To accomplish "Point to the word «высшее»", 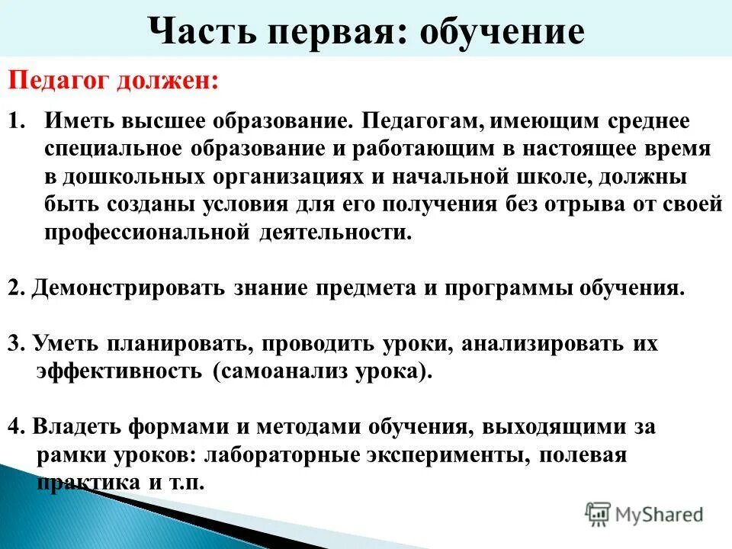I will click(164, 122).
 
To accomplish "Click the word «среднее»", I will click(650, 122).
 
